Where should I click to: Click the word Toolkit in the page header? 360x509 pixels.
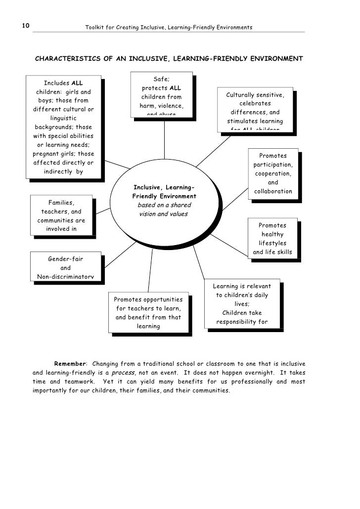click(94, 27)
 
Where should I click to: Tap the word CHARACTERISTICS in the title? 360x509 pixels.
click(68, 59)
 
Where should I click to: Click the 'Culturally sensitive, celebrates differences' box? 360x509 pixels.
click(255, 111)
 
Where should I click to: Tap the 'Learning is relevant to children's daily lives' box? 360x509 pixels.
click(242, 303)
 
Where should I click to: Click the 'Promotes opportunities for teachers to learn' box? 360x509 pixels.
click(148, 313)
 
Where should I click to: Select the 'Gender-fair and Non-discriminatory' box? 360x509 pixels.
click(65, 267)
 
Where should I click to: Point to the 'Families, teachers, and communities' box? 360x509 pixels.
click(61, 215)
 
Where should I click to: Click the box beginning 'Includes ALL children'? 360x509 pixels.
click(63, 127)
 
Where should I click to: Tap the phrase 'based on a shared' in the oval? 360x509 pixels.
click(164, 205)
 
